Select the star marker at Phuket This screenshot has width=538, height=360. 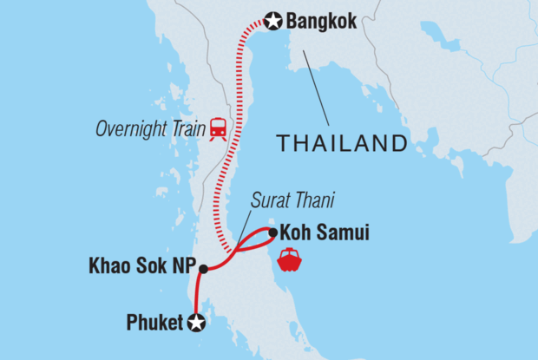pos(197,324)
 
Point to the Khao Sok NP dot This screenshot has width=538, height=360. pos(203,269)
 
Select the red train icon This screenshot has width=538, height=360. pos(218,129)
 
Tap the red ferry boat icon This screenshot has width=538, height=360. pos(289,259)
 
